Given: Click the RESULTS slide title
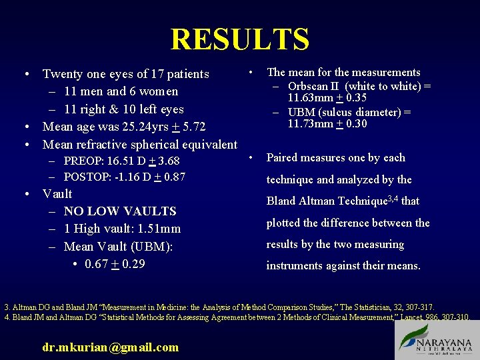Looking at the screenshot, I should [240, 39].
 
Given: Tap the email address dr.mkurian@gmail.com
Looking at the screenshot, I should [111, 347].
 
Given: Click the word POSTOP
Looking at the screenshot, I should [86, 177].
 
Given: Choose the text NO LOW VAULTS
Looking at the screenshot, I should [120, 211].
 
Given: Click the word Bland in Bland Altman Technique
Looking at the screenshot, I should [281, 201].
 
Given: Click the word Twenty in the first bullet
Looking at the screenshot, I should [63, 74].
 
